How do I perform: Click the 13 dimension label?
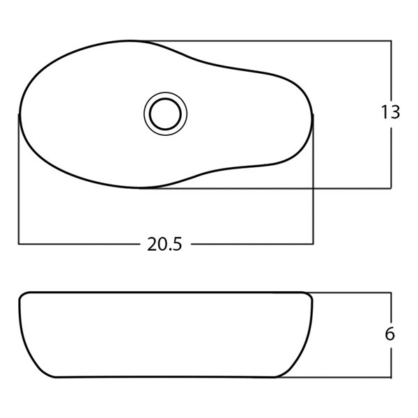391,112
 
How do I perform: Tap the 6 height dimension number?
390,334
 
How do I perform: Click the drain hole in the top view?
165,113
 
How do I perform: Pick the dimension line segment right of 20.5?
251,244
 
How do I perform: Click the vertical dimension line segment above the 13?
391,70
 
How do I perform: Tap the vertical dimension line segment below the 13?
391,157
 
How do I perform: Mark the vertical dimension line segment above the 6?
391,307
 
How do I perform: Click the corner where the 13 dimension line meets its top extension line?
391,40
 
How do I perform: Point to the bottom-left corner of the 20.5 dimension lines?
19,244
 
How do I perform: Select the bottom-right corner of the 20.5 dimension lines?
313,244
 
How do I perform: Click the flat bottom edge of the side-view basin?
167,377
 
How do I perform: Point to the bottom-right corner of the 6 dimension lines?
391,377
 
